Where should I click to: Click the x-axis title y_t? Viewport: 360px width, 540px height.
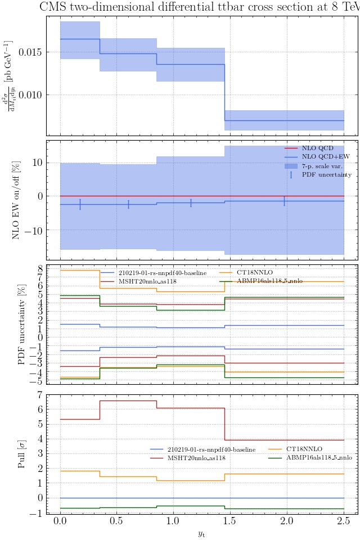click(201, 533)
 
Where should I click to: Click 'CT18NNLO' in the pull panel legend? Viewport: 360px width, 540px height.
click(304, 434)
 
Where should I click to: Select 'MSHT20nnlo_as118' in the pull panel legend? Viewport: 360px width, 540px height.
click(196, 443)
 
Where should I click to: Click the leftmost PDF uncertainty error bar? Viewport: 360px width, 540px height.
click(80, 204)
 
